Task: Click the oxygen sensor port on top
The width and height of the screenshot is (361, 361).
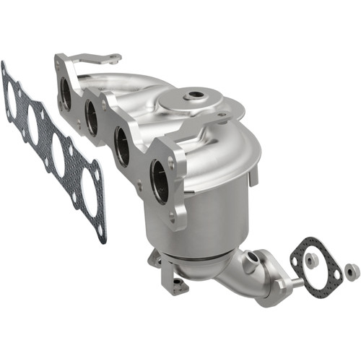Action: (193, 95)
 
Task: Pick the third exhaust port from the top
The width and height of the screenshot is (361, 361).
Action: (123, 143)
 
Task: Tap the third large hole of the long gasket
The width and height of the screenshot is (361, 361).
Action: (58, 156)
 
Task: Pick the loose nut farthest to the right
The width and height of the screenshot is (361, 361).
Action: (352, 271)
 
